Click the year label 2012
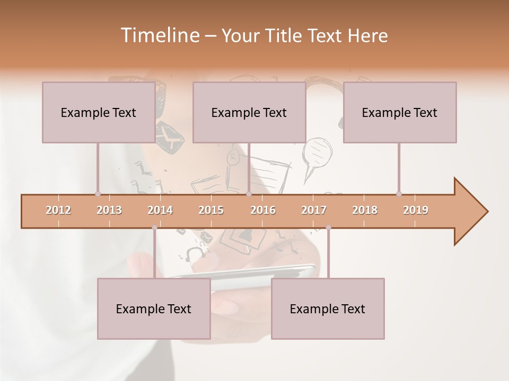(x=58, y=210)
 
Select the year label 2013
(x=109, y=210)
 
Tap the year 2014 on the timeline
(x=160, y=210)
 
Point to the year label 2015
(x=211, y=210)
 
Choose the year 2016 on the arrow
(x=263, y=210)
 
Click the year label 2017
(x=314, y=210)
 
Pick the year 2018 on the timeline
(x=365, y=210)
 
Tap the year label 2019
(x=416, y=210)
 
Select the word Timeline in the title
(x=159, y=35)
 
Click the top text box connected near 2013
(x=99, y=112)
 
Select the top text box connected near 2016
(x=249, y=112)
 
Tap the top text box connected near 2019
(x=400, y=112)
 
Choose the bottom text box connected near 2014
(x=154, y=309)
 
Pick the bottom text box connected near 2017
(x=328, y=309)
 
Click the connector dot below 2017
(x=328, y=228)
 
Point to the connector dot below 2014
(x=154, y=228)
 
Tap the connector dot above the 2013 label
(x=98, y=194)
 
